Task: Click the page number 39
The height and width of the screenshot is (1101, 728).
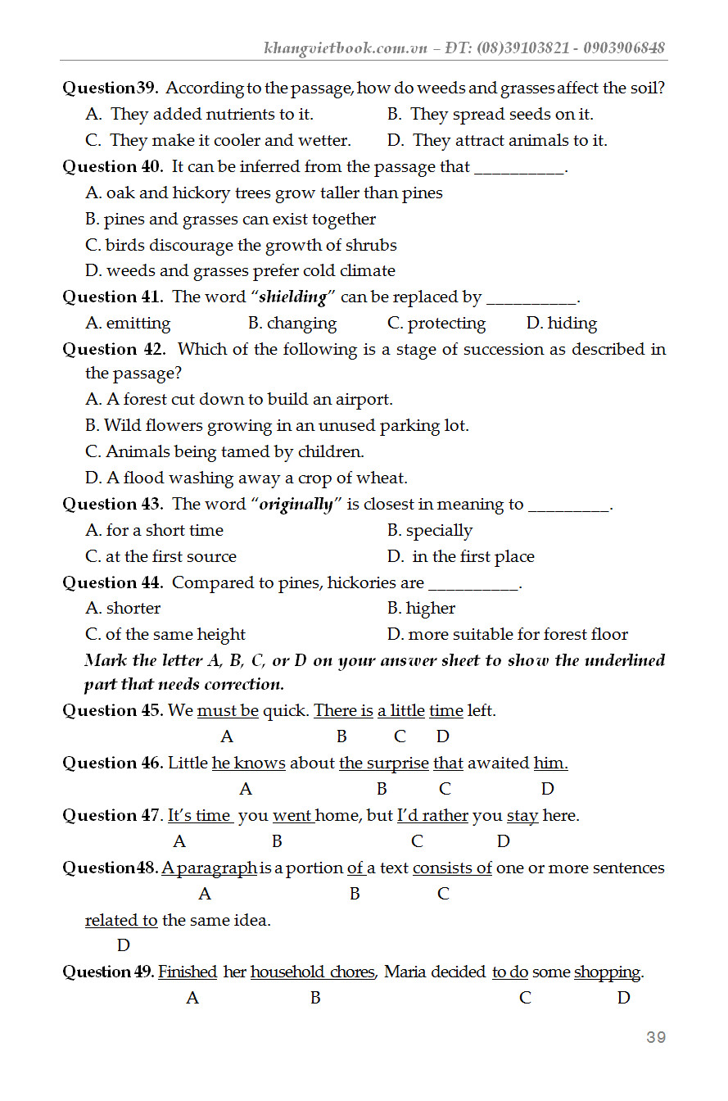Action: tap(655, 1037)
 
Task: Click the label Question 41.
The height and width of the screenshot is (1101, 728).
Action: tap(113, 297)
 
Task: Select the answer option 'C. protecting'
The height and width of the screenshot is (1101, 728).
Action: tap(436, 323)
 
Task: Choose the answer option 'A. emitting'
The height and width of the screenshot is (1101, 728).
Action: tap(128, 323)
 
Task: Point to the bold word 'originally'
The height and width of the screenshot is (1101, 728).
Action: tap(296, 504)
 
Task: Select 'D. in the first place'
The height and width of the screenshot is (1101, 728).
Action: tap(460, 556)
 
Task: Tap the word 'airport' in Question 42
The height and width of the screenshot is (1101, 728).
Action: tap(367, 400)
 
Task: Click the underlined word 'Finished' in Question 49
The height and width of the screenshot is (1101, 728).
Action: tap(188, 972)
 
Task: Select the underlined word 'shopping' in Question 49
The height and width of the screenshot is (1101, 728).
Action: tap(607, 972)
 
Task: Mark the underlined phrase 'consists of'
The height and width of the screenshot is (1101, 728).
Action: tap(452, 868)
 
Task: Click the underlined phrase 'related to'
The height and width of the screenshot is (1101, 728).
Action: tap(121, 920)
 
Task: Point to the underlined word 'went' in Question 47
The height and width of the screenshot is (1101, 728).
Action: tap(292, 816)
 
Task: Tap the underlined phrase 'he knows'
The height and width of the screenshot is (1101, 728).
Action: tap(248, 763)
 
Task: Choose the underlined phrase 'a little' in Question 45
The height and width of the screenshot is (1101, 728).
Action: tap(400, 711)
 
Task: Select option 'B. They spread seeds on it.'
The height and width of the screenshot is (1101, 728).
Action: tap(491, 114)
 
